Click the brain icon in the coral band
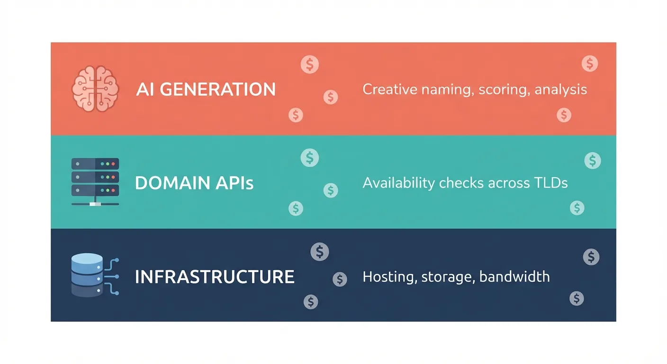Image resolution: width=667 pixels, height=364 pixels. coord(94,89)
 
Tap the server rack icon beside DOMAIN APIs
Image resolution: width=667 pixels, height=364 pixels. coord(95,182)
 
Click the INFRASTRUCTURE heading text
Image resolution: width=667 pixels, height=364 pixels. coord(215,277)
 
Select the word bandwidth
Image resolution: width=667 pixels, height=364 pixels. coord(514,276)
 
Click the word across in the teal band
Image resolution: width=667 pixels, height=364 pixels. coord(509,183)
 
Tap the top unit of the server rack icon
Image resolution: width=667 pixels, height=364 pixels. coord(95,164)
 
